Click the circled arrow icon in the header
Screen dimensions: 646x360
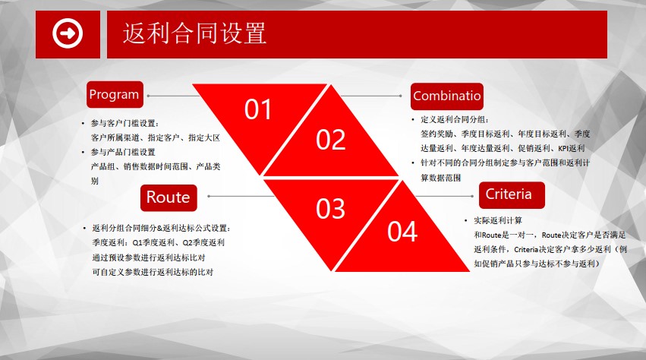[68, 33]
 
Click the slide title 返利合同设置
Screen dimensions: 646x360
[194, 33]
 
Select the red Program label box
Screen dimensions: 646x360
[115, 94]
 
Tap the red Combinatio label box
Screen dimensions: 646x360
[447, 96]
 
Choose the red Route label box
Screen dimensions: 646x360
[169, 197]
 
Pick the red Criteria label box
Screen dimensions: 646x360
[512, 194]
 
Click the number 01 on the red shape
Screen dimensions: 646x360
[258, 109]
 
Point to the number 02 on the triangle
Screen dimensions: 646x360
[330, 140]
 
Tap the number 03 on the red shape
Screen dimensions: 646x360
[330, 209]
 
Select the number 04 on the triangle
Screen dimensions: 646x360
[402, 232]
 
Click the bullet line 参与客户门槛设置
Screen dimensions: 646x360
[124, 123]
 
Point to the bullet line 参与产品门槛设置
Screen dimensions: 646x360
[123, 152]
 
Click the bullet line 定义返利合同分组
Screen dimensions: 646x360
[455, 119]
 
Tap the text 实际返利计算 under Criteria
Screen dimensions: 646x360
[498, 220]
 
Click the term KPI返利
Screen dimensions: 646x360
[572, 148]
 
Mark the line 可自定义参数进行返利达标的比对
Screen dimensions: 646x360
[153, 272]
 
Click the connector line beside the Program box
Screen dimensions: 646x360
[173, 96]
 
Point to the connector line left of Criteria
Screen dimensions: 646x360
[444, 196]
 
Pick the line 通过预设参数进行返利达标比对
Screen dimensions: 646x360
[148, 257]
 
